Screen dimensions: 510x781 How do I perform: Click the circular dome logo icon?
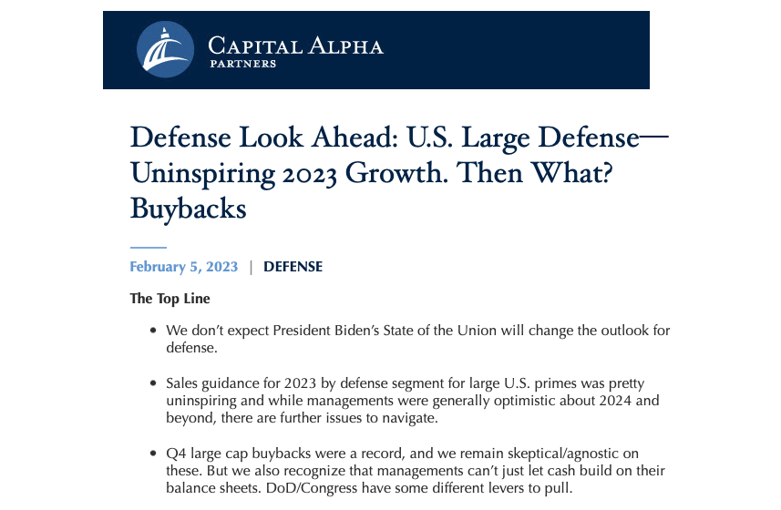click(x=165, y=49)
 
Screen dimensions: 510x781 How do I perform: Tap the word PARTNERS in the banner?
click(x=242, y=65)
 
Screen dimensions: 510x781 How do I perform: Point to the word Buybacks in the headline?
click(x=189, y=208)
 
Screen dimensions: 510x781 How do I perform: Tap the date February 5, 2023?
click(x=184, y=267)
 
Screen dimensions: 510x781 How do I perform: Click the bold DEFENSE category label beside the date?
click(x=293, y=267)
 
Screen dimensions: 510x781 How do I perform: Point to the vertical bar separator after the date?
click(x=251, y=267)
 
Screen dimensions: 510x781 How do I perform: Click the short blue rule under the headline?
click(x=148, y=247)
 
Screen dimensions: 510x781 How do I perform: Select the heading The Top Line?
click(x=170, y=298)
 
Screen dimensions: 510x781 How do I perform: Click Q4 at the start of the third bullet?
click(x=177, y=453)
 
